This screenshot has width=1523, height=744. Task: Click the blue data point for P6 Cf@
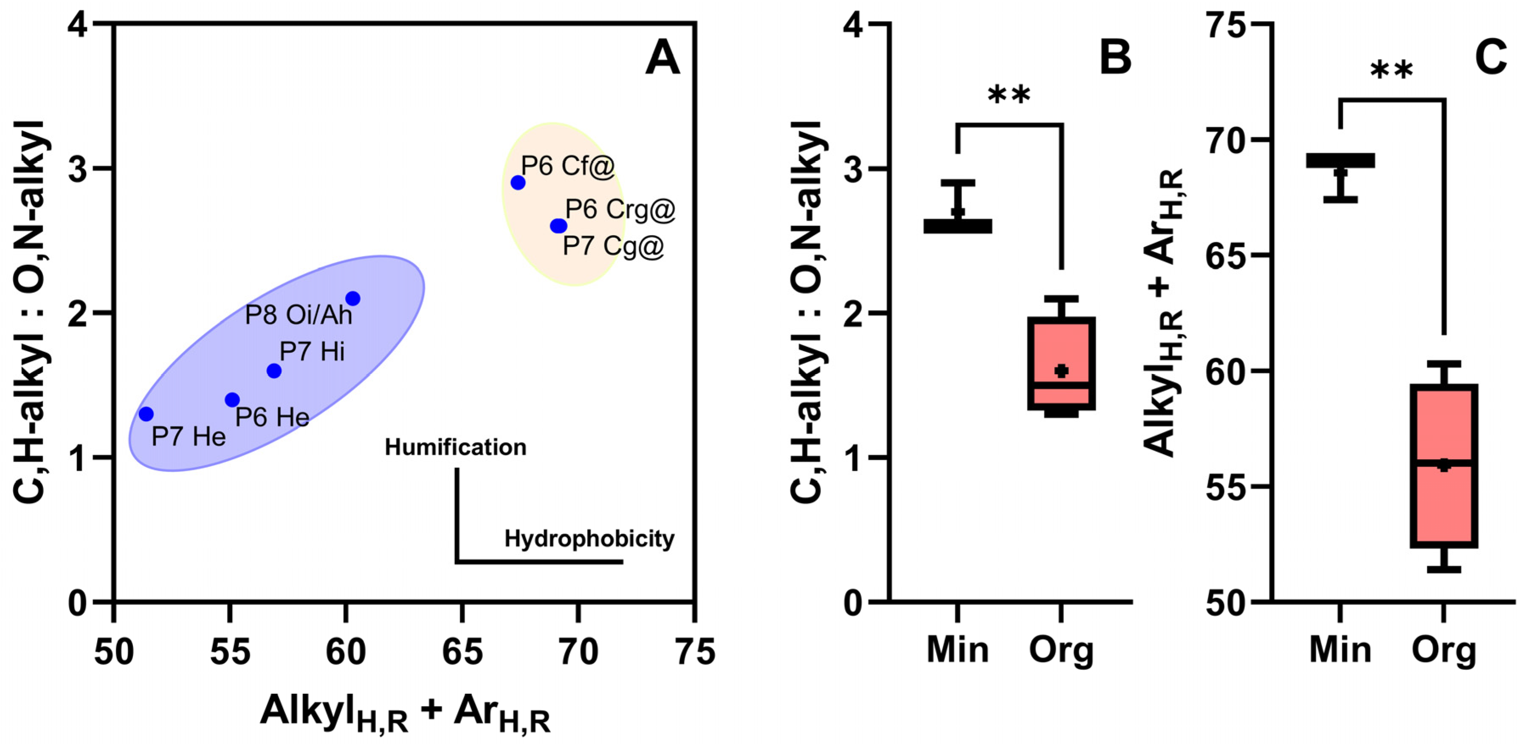[x=518, y=182]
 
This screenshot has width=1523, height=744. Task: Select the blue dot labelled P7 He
[x=146, y=414]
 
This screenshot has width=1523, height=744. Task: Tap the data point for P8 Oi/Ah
[x=353, y=298]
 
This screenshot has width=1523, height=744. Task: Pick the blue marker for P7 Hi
[x=274, y=371]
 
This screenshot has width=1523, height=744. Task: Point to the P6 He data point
[x=232, y=400]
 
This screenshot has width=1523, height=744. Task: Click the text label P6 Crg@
[x=620, y=210]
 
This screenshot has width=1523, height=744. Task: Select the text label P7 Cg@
[x=613, y=246]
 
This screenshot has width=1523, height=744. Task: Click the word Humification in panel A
[x=455, y=447]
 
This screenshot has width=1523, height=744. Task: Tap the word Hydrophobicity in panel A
[x=589, y=539]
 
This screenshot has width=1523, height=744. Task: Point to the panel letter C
[x=1490, y=58]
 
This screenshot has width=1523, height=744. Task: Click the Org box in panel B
[x=1061, y=363]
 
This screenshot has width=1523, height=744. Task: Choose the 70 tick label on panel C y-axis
[x=1228, y=140]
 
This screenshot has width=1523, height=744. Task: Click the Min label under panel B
[x=957, y=650]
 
